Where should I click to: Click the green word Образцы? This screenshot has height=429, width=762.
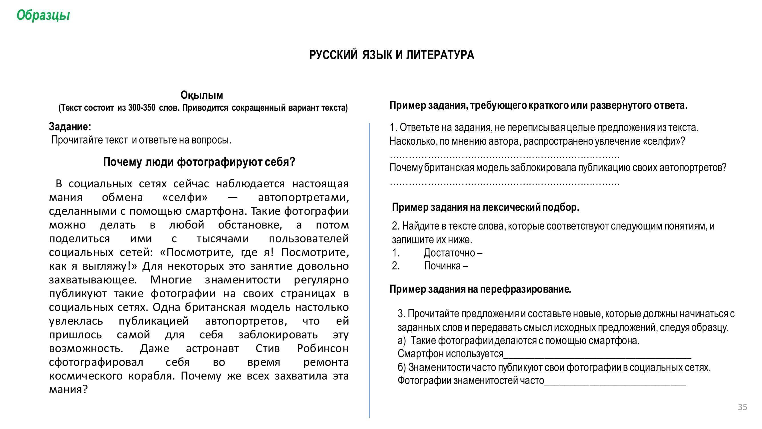(43, 15)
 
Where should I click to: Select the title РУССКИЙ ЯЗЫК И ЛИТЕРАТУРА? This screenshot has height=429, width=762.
(391, 55)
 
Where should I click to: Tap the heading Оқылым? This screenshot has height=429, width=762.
(202, 95)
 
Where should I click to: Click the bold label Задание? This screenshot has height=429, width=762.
(70, 127)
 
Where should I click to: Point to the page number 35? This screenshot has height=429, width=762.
(743, 407)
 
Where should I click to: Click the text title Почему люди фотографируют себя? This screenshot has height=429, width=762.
(199, 162)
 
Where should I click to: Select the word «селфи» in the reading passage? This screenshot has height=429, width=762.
(185, 197)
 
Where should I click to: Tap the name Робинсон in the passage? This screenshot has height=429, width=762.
(323, 348)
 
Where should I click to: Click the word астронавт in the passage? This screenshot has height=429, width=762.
(212, 348)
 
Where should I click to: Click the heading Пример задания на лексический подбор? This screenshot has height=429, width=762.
(485, 207)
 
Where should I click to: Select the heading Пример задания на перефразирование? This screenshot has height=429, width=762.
(480, 289)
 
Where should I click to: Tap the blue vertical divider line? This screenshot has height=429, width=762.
(369, 267)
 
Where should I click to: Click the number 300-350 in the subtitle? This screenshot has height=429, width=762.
(142, 108)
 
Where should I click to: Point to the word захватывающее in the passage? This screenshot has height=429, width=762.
(93, 280)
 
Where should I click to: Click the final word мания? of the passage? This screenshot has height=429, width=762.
(68, 390)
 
